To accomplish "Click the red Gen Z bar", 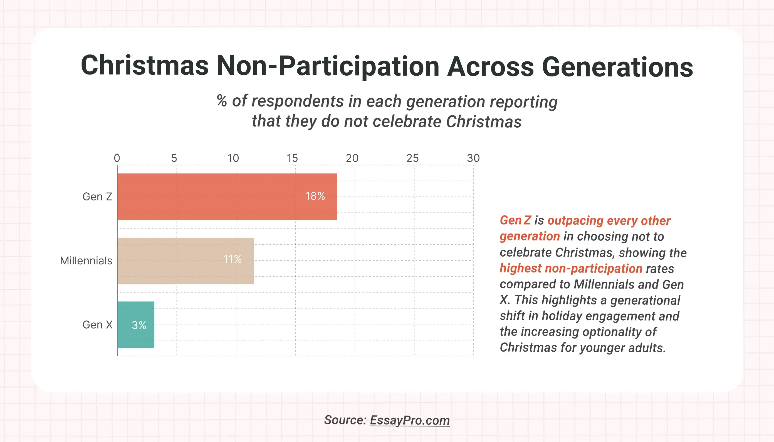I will point(227,197).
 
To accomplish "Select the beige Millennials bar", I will point(185,261).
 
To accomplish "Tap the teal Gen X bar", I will point(136,324).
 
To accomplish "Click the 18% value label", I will point(315,196).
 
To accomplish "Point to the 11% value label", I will point(233,259).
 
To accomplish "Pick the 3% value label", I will point(139,325).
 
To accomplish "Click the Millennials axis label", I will point(86,261).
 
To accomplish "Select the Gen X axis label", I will point(97,325).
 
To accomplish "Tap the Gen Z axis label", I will point(97,197).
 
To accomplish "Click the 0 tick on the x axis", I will point(117,158).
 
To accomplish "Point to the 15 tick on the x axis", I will point(292,158).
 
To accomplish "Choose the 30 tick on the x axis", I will point(473,158).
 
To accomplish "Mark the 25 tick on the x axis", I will point(412,158).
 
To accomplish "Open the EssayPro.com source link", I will point(410,420).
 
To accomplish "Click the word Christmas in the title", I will point(145,66).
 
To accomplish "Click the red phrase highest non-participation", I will point(571,268).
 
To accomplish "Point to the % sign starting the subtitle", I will point(222,101).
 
